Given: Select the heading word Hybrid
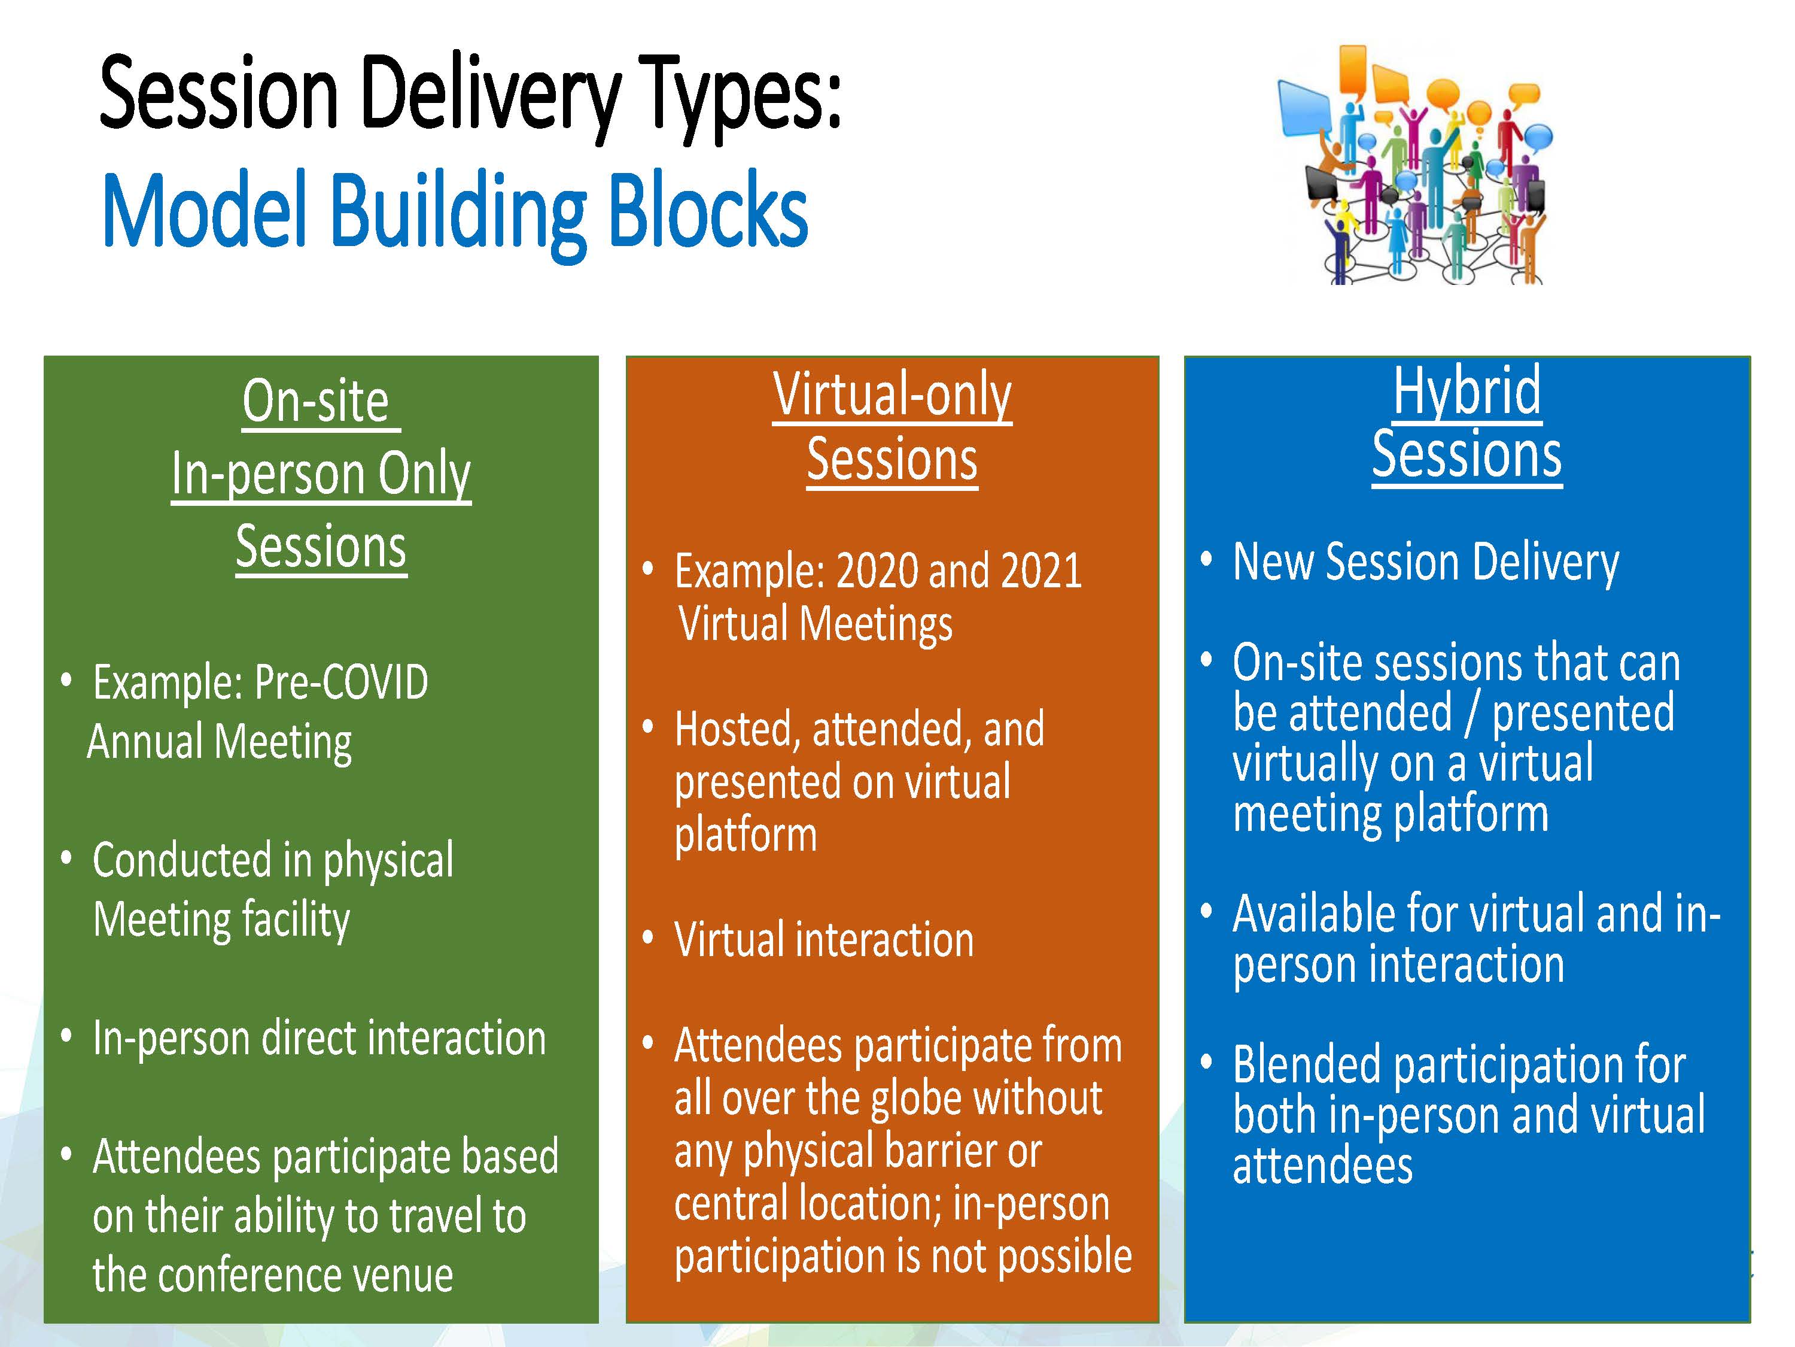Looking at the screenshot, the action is click(x=1467, y=392).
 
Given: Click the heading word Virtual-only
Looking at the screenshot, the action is click(x=892, y=395).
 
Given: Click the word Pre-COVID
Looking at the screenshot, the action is click(x=341, y=681).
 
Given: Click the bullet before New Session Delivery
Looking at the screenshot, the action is click(x=1207, y=559).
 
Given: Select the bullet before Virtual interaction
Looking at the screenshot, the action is click(x=647, y=938).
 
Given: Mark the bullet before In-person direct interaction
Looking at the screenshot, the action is click(x=66, y=1036).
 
